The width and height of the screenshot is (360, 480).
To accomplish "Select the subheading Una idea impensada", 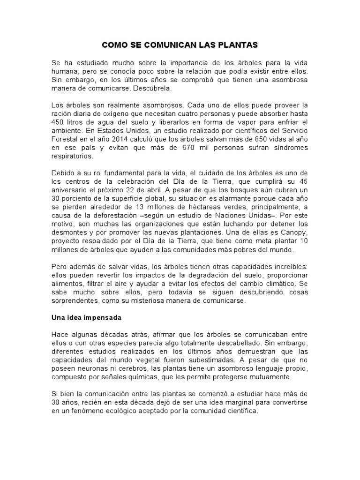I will pos(86,317).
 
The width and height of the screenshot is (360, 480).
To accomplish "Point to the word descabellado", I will pos(227,343).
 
